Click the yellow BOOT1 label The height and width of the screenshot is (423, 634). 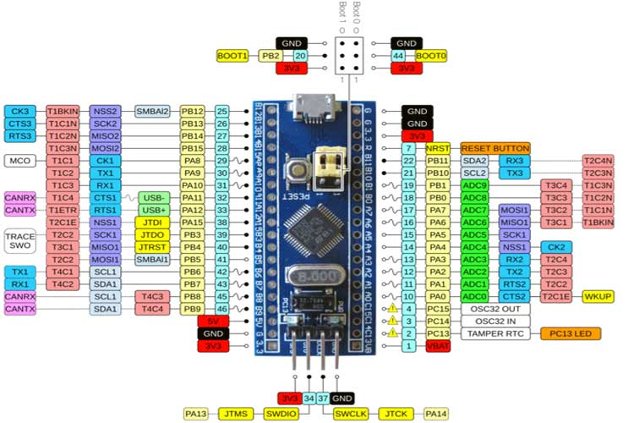(x=232, y=55)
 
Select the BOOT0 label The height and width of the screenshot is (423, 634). (x=430, y=55)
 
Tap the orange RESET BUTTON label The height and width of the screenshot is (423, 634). (x=495, y=147)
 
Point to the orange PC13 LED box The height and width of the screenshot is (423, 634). (x=570, y=333)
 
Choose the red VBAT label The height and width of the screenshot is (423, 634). (x=438, y=346)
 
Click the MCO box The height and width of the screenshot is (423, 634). (x=19, y=160)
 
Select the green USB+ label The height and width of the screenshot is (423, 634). (x=153, y=210)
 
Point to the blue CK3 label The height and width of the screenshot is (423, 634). (x=19, y=111)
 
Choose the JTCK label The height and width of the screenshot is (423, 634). (x=396, y=414)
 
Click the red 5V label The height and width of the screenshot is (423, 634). (x=213, y=321)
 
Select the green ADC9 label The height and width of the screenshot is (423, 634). (x=475, y=184)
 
